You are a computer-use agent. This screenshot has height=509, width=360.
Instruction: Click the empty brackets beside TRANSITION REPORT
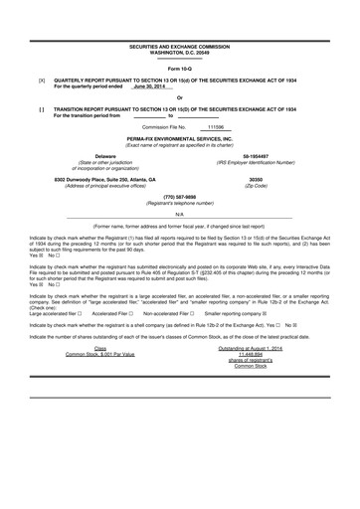pos(41,109)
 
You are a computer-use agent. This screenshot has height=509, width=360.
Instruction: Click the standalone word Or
pos(179,97)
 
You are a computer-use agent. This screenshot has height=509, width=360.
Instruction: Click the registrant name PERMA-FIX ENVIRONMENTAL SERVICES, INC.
pos(179,139)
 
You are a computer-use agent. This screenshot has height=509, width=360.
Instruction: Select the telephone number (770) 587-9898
pos(179,197)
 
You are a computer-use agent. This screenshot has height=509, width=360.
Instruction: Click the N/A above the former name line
pos(179,214)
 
